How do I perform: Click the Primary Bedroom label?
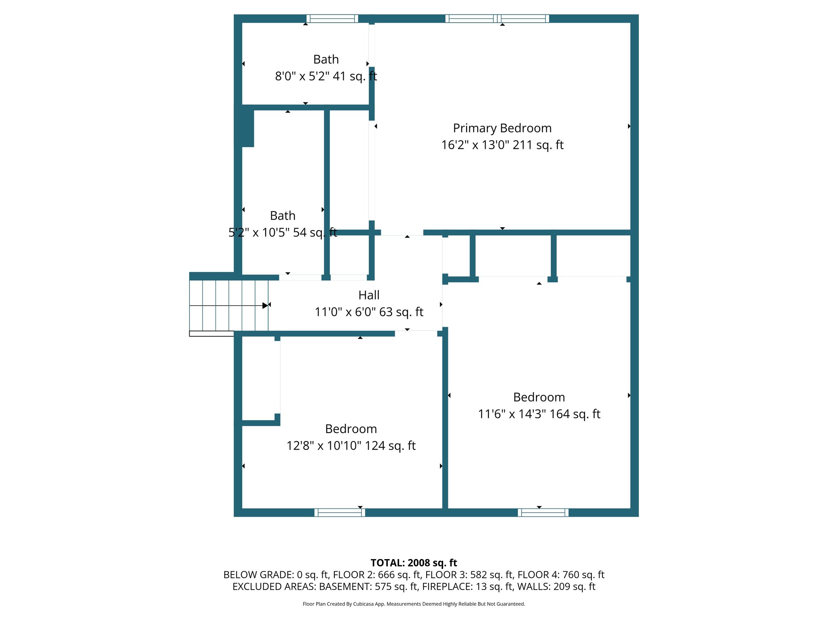[x=502, y=128]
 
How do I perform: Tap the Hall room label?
[x=369, y=295]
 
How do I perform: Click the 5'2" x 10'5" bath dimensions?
[x=259, y=232]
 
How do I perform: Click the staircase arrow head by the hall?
[x=265, y=306]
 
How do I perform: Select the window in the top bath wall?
[x=332, y=19]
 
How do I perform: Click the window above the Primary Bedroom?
[x=497, y=19]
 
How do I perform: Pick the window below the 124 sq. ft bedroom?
[x=340, y=513]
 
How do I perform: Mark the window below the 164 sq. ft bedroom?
[x=543, y=513]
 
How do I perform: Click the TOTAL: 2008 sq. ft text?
[x=414, y=563]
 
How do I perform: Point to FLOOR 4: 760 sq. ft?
[x=561, y=575]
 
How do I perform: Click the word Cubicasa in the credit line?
[x=363, y=604]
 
